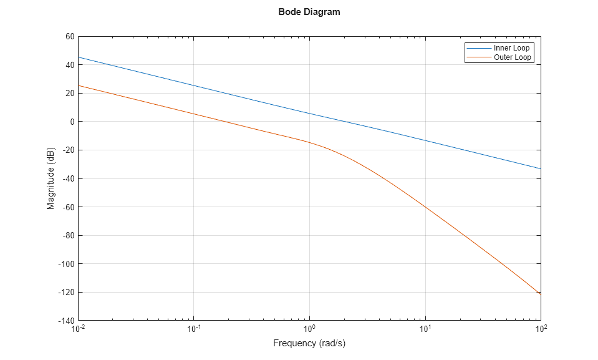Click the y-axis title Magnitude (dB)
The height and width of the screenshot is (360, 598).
(51, 178)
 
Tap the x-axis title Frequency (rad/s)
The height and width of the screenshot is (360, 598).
(309, 343)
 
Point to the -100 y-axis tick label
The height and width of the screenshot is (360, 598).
(67, 264)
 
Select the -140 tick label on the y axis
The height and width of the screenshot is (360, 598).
(67, 321)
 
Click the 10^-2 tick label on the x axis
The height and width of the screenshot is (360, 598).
(79, 329)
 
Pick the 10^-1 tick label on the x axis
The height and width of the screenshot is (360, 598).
(194, 329)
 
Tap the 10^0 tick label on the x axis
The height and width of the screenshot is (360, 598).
(309, 329)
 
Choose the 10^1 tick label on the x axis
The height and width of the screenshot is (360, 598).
(425, 329)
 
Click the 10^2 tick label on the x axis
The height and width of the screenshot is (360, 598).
(541, 329)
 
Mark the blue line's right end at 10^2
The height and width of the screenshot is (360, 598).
(541, 168)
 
